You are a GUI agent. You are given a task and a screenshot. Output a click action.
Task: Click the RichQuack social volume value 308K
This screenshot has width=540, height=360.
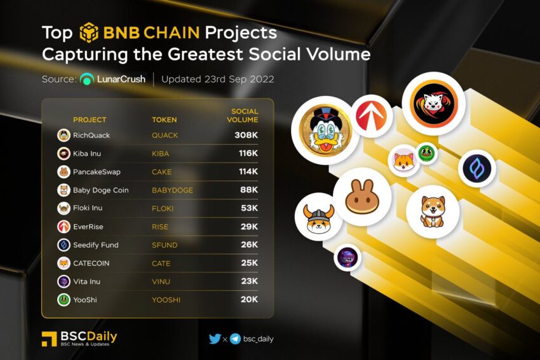point(246,135)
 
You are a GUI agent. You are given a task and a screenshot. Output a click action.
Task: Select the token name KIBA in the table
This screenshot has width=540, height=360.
point(161,154)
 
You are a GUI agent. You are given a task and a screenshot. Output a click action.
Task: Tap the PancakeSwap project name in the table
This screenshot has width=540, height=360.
point(97,171)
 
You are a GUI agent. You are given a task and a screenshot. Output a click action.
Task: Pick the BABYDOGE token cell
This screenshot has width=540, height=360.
point(173,190)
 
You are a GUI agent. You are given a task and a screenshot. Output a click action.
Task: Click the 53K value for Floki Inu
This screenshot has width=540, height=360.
point(249,208)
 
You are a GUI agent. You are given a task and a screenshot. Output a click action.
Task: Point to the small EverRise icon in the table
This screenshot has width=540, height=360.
point(64,227)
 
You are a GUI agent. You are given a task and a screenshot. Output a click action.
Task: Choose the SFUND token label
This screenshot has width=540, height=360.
point(165,245)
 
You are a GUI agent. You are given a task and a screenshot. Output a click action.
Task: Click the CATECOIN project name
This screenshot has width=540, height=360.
point(91,263)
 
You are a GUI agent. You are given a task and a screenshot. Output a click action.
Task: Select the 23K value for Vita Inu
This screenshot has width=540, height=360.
point(249,281)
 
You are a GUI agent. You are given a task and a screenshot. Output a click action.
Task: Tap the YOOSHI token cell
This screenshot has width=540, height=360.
point(166,300)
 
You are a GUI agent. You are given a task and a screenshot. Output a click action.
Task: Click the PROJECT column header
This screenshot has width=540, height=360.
point(90,120)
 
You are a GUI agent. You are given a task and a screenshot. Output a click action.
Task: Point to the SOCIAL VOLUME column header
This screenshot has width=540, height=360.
point(243,116)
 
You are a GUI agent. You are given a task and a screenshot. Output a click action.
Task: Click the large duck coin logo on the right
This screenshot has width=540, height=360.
point(325,130)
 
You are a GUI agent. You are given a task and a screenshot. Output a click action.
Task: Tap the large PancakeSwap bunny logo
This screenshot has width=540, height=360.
point(362,197)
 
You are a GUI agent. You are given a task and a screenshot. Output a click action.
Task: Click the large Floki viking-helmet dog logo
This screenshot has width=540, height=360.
point(318,217)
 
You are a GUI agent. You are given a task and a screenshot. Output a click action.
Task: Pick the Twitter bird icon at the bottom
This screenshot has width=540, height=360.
point(215,338)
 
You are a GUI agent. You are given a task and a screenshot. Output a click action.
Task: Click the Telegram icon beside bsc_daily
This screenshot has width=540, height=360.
point(235,339)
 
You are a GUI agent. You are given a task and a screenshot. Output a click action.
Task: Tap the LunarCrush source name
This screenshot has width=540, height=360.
point(121,79)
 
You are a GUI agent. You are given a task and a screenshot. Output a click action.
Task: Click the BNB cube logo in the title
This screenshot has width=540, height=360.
point(89,32)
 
